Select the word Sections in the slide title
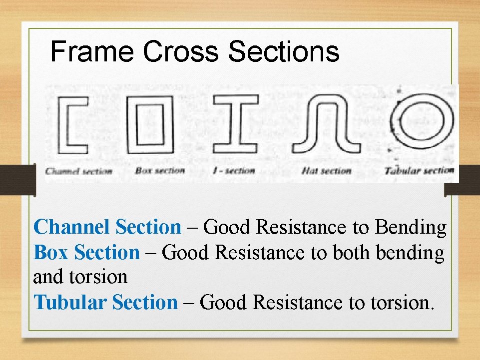click(283, 52)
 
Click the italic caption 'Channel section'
click(79, 171)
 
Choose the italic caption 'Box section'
click(160, 170)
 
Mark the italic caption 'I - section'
click(234, 170)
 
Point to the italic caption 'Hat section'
click(327, 171)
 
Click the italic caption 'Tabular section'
click(420, 170)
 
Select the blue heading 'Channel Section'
click(107, 227)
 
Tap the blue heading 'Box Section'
click(86, 253)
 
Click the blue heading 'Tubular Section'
click(105, 303)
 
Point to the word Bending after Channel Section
click(411, 227)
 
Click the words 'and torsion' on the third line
click(80, 277)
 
